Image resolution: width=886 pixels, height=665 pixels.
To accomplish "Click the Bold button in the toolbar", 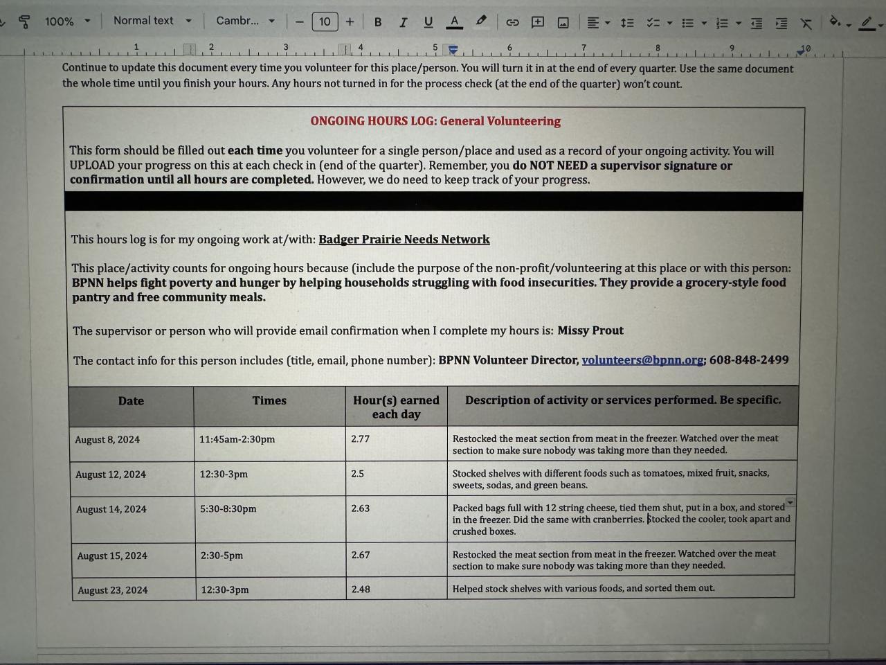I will coord(378,22).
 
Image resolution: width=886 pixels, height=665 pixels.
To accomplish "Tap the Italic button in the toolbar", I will coord(403,22).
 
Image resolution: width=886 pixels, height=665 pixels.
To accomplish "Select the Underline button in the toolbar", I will coord(428,22).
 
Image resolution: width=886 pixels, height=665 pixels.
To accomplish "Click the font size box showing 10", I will coord(325,21).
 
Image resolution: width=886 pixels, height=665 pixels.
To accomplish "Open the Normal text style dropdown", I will coord(152,21).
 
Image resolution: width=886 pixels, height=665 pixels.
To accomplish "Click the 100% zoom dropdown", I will coord(67,21).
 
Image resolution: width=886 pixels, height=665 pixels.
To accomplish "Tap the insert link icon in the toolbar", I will coord(512,22).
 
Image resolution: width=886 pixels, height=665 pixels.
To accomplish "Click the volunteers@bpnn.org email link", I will coord(642,360).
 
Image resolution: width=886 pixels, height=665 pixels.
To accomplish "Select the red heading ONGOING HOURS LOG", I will coord(435,121).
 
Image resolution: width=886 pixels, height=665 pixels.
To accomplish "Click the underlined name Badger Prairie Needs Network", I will coord(404,240).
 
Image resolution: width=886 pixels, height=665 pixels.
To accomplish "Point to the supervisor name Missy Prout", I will coord(590,330).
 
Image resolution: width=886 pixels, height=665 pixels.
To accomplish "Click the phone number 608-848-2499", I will coord(749,360).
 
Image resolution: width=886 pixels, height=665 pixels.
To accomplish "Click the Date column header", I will coord(131,401).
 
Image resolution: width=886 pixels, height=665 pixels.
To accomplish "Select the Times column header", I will coord(269,400).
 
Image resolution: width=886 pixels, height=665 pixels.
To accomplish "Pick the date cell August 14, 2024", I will coord(111,509).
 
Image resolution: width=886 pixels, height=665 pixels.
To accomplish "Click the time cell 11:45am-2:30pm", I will coord(237,439).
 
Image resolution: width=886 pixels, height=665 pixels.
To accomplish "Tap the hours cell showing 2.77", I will coord(361,438).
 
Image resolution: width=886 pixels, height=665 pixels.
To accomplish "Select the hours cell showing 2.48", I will coord(361,589).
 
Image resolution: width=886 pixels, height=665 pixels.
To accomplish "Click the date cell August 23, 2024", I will coord(113,590).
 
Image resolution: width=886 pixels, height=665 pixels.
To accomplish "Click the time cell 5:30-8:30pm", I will coord(228,508).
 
